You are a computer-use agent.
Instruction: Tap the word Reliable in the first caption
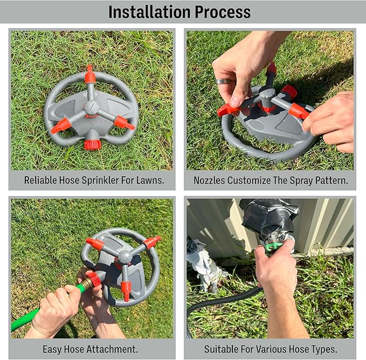[x=41, y=181]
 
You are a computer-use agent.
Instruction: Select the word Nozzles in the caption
[x=212, y=181]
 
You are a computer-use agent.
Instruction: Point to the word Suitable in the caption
[x=222, y=349]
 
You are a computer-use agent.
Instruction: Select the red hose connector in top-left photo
[x=93, y=144]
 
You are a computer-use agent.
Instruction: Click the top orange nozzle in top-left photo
[x=90, y=75]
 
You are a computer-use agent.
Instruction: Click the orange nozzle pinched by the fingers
[x=228, y=109]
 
